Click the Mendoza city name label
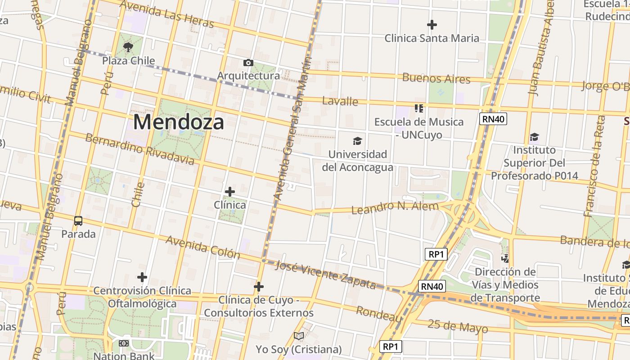point(179,122)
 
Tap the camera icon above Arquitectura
point(248,63)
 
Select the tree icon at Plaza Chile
point(128,46)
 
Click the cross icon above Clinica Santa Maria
point(432,24)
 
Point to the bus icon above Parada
point(78,220)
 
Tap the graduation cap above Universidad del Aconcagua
point(357,141)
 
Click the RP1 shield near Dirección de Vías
point(436,254)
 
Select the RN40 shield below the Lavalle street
point(493,119)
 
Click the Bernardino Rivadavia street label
point(139,149)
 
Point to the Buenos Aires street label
point(436,78)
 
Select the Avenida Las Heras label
point(167,14)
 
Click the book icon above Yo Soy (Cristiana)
point(299,336)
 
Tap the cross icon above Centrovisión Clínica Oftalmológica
point(142,277)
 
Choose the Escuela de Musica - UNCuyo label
point(419,128)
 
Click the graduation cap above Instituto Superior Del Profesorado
point(534,137)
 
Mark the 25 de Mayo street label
point(458,326)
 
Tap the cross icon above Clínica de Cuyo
point(259,286)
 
